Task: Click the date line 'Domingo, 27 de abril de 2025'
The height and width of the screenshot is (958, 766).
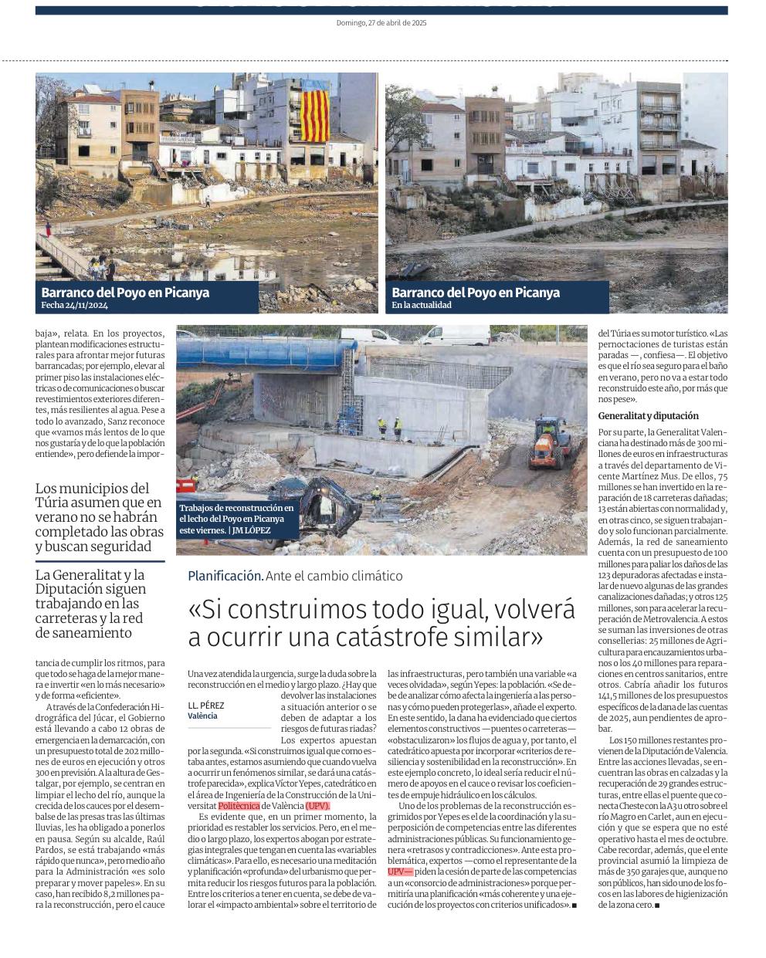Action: click(x=381, y=23)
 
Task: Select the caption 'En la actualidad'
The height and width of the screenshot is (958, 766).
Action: click(x=421, y=305)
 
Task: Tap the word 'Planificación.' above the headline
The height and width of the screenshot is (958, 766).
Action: click(x=225, y=576)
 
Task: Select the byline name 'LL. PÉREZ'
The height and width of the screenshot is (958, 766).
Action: click(x=206, y=706)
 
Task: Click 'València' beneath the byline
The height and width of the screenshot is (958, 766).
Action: click(x=202, y=716)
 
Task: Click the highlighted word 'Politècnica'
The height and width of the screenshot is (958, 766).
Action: click(x=240, y=805)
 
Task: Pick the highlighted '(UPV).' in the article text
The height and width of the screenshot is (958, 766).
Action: click(x=317, y=805)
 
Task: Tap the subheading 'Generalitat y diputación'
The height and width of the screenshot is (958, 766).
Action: click(x=648, y=416)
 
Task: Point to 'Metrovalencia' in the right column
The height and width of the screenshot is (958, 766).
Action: click(x=654, y=619)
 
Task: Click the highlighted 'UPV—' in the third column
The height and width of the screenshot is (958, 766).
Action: click(x=400, y=871)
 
